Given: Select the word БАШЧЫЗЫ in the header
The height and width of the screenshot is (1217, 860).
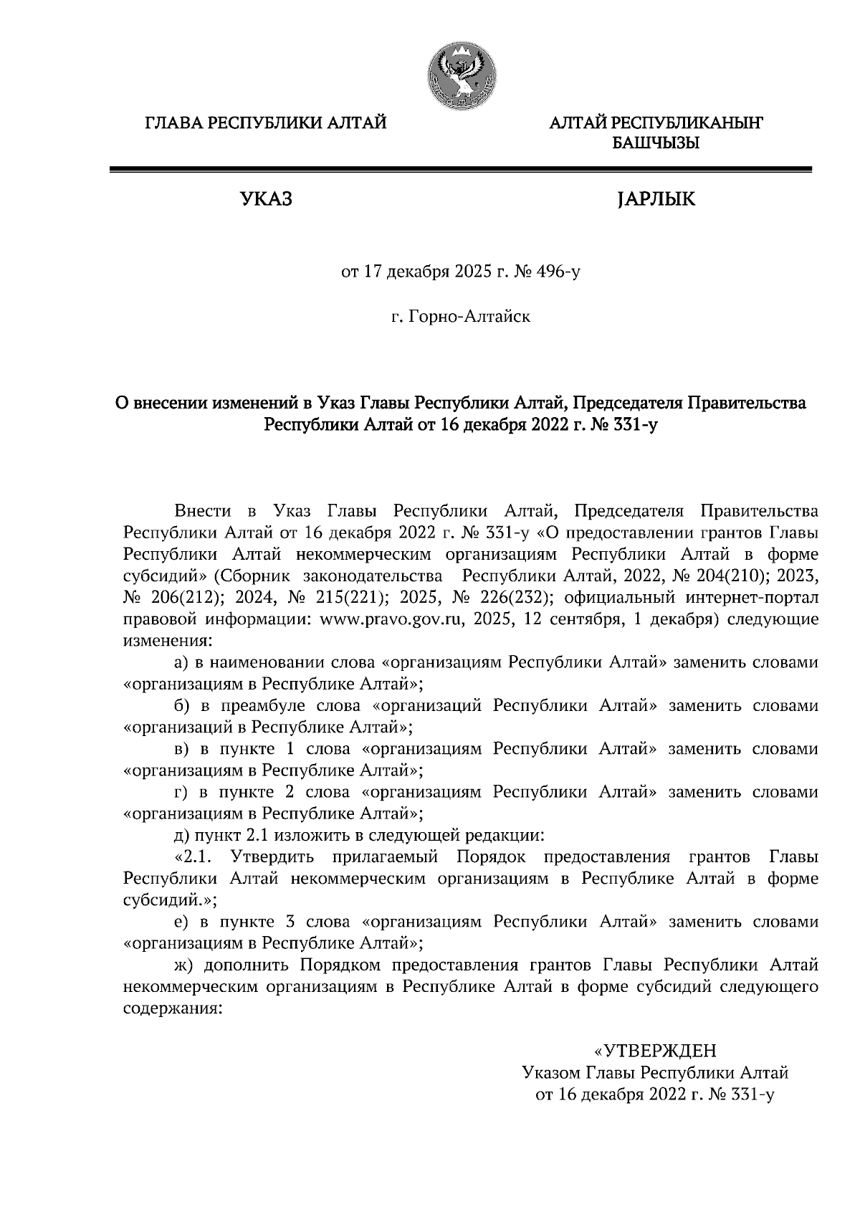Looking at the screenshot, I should coord(655,143).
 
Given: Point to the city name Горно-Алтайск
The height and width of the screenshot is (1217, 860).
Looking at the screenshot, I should coord(469,316).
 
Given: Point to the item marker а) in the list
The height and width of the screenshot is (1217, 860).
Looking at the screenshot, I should coord(181,662).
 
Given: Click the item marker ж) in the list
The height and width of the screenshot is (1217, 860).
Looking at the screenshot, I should coord(183,965).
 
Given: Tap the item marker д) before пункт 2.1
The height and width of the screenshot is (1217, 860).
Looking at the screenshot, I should coord(181,835).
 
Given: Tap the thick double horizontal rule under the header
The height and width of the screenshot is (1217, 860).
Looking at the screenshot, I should coord(460,170).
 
